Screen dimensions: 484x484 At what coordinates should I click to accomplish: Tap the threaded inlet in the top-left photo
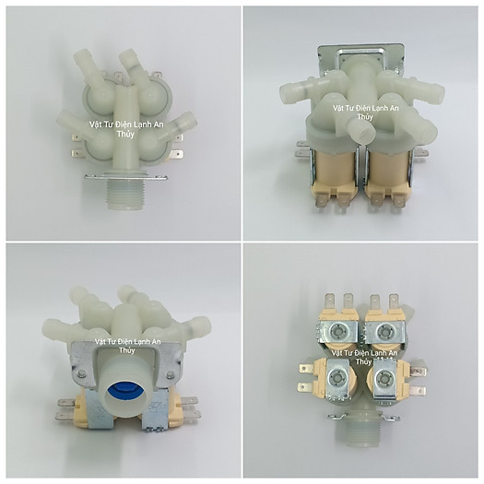126,195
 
